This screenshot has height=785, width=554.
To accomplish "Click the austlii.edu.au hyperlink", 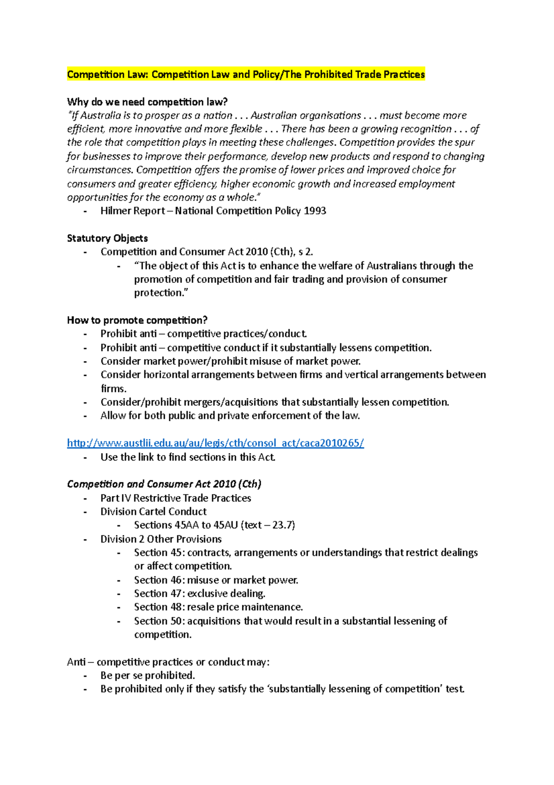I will pos(215,443).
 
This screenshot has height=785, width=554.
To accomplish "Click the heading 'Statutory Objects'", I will pos(107,238).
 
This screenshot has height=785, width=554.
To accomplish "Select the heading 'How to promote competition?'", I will pos(137,320).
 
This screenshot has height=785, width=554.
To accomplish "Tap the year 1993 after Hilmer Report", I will pos(315,211).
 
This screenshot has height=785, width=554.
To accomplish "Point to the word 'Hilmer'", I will pos(116,211).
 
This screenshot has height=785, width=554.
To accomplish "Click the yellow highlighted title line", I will pos(246,74).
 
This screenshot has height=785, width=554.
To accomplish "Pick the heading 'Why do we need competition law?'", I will pos(147,102).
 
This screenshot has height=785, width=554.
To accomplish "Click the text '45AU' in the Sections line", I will pos(226,525).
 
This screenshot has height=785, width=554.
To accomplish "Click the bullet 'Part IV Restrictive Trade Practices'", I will pos(175,498).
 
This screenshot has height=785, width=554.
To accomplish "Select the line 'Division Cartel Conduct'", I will pos(153,511).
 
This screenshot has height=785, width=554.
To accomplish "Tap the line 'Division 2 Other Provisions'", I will pos(161,539).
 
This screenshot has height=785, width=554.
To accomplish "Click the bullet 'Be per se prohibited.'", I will pos(148,675).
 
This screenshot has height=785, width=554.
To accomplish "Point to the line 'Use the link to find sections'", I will pos(188,457).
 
